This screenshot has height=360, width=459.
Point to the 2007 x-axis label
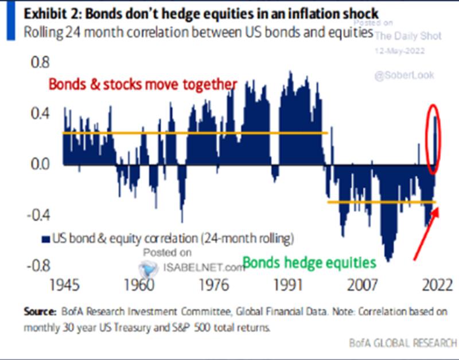coord(360,285)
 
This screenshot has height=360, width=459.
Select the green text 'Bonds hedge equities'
coord(309,263)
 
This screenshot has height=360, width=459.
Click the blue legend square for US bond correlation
coord(45,237)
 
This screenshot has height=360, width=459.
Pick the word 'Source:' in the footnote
coord(39,312)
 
